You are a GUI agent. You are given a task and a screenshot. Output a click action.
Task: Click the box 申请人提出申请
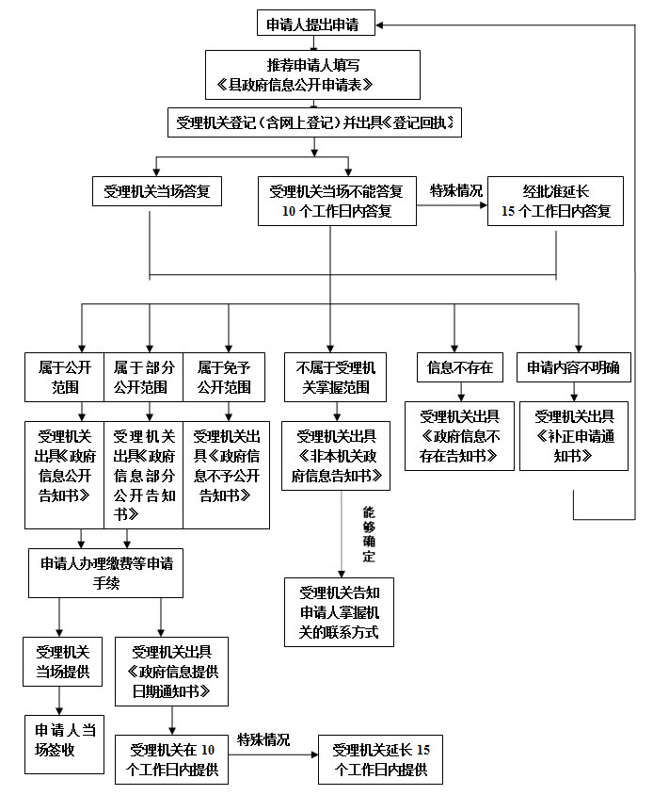tap(316, 24)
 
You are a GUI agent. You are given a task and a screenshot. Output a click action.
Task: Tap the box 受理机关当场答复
tap(157, 191)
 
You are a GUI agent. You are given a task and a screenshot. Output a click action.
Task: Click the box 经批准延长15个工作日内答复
tap(555, 201)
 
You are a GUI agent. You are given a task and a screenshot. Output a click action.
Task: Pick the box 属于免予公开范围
tap(224, 376)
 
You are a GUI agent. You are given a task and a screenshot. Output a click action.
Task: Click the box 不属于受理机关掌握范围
tap(336, 376)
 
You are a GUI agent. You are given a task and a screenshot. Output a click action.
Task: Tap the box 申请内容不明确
tap(574, 367)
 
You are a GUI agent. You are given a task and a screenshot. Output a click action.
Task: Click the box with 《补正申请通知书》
tap(574, 436)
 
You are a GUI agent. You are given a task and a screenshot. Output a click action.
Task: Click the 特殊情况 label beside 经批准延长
tap(456, 190)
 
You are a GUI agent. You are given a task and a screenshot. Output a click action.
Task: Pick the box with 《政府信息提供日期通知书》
tap(172, 671)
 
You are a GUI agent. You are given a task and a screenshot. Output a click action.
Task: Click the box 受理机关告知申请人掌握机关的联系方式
tap(339, 612)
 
